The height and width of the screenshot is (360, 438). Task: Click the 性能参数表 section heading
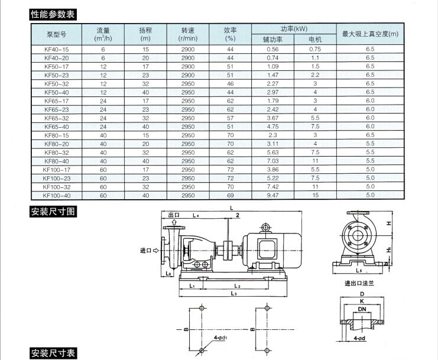(53, 14)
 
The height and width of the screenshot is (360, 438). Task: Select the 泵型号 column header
(57, 34)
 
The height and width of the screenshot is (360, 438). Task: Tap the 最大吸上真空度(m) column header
(370, 34)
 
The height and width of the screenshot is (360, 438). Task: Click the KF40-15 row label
(56, 50)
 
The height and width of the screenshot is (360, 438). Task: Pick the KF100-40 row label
(56, 196)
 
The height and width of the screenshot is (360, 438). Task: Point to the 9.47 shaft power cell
(272, 195)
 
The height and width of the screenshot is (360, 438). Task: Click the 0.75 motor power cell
(315, 49)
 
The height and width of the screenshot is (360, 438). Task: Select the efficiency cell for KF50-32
(230, 84)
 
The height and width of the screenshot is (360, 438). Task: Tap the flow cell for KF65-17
(103, 101)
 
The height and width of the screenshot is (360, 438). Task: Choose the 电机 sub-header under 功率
(315, 40)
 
